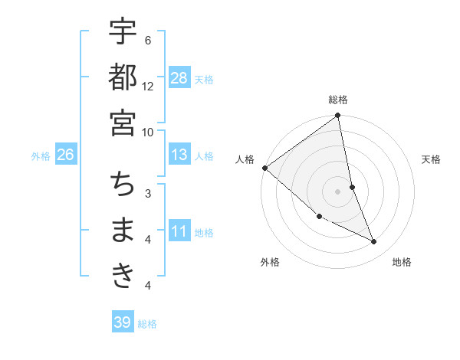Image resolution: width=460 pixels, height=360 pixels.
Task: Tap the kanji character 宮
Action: click(x=123, y=123)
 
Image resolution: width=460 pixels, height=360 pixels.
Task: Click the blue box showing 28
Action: click(x=179, y=77)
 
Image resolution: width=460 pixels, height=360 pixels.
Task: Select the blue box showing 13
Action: click(x=179, y=155)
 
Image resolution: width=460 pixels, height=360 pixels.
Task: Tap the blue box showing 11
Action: click(x=179, y=231)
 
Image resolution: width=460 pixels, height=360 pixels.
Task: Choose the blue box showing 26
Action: click(x=65, y=155)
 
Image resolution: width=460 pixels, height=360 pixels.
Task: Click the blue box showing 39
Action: click(x=123, y=322)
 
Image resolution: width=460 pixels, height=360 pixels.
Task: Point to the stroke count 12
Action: click(x=148, y=86)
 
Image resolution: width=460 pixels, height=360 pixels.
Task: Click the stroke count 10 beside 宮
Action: click(x=148, y=131)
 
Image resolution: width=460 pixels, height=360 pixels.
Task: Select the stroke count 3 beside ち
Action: click(x=148, y=193)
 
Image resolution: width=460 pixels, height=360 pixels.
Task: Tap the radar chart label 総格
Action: click(x=338, y=100)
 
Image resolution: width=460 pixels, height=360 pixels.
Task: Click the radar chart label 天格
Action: click(x=432, y=159)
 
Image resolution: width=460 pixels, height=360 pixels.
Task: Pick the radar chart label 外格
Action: click(x=270, y=262)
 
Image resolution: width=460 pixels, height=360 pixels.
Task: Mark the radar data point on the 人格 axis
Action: click(x=264, y=168)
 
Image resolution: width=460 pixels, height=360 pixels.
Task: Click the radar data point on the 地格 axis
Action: click(x=374, y=242)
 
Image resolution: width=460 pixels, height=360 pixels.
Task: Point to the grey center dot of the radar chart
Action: click(x=338, y=191)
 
